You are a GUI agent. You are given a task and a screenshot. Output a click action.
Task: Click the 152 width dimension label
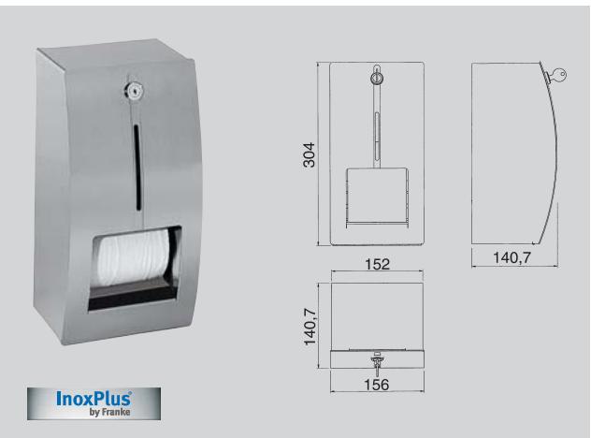[377, 264]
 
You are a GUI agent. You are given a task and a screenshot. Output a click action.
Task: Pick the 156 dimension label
[378, 384]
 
